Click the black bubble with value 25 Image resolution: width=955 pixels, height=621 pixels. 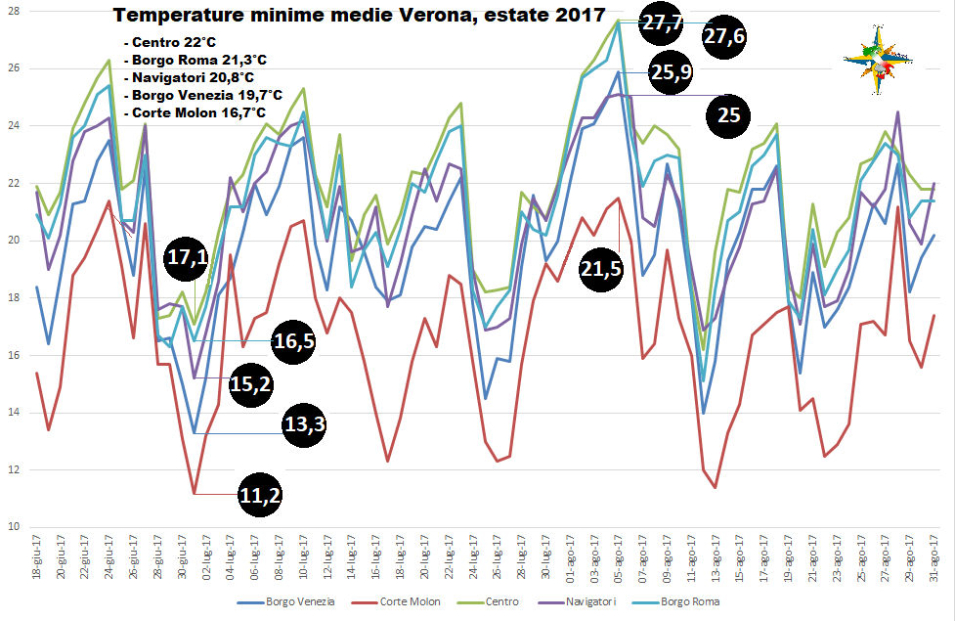[729, 115]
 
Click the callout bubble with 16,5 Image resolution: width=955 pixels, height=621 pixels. [292, 340]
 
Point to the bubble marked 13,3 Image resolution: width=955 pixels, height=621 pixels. [304, 424]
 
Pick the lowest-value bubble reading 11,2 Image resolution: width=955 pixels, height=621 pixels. [260, 496]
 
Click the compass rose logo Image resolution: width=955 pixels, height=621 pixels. [877, 60]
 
